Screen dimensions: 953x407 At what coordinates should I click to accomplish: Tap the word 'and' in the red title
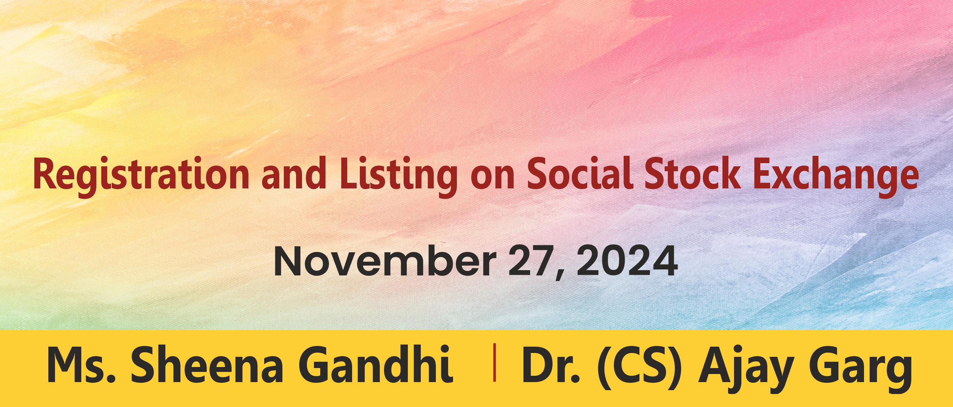click(294, 173)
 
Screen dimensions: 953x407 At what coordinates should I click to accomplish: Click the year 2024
click(627, 262)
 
